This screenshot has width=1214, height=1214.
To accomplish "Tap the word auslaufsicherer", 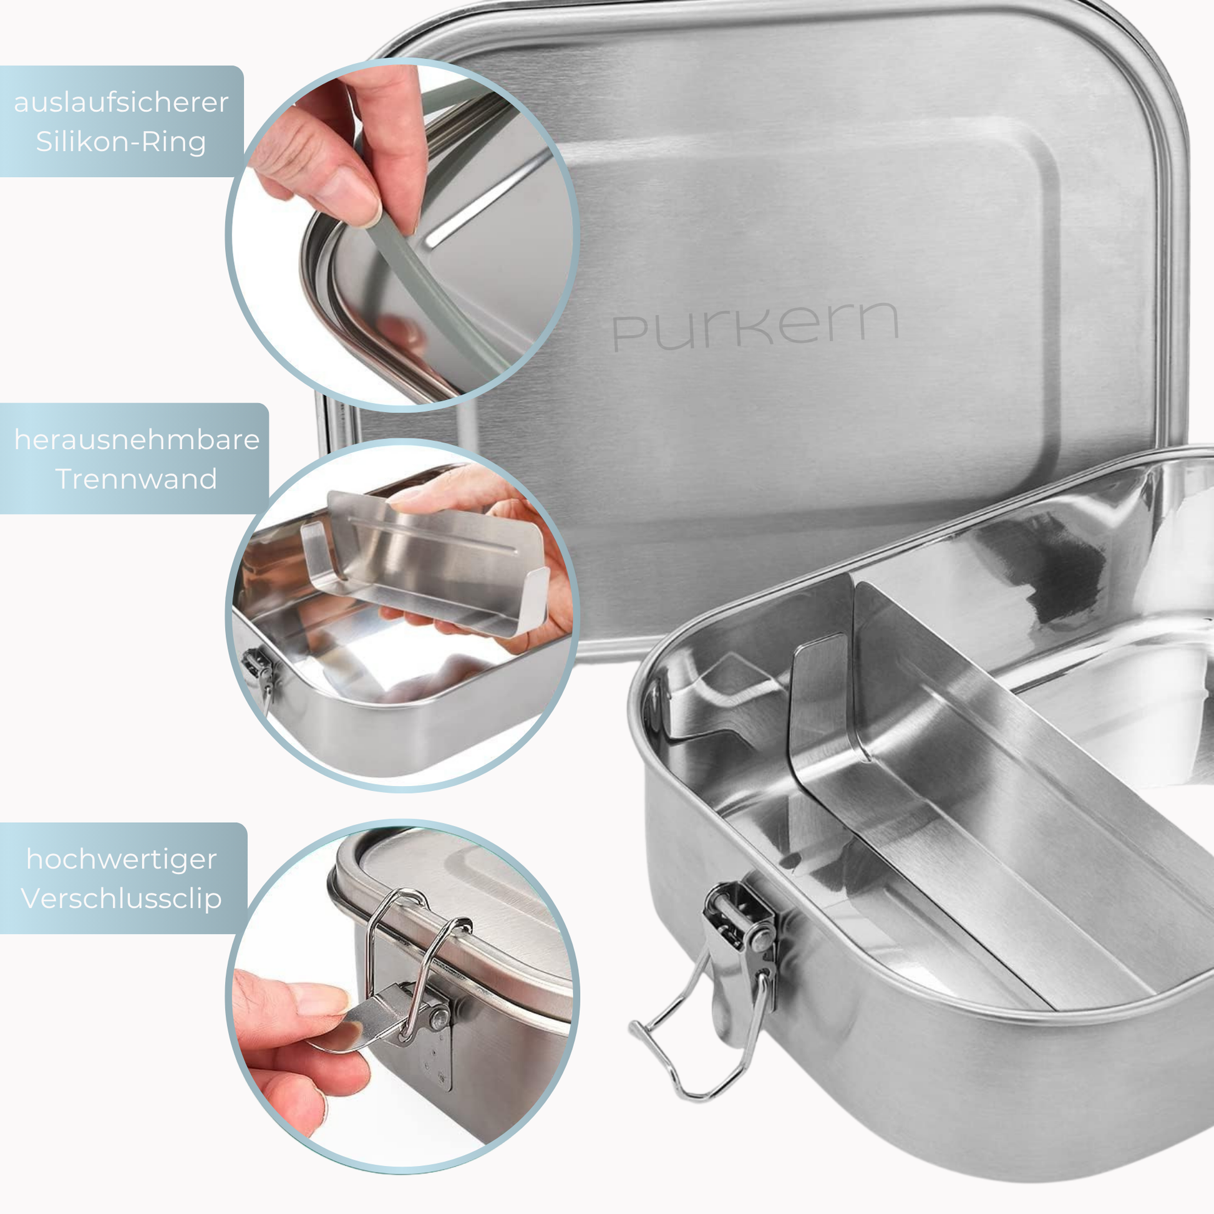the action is coord(121,102).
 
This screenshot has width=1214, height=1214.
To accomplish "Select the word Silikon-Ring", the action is coord(121,142).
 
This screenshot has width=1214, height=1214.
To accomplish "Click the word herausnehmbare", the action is coord(137,440).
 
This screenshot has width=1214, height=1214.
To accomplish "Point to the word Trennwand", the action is coord(137,479).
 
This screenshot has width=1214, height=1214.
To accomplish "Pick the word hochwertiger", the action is coord(122,860).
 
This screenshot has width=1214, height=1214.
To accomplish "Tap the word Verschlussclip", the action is coord(121,898).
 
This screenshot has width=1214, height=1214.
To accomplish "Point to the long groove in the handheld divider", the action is coord(434,534).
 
